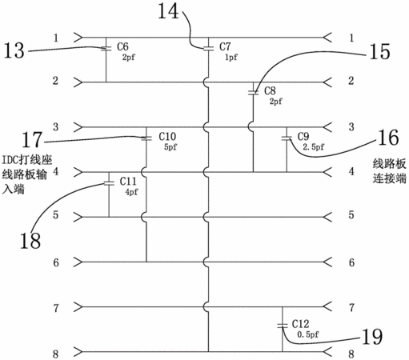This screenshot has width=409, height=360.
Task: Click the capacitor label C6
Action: coord(122,46)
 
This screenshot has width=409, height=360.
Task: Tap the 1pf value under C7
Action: coord(231,57)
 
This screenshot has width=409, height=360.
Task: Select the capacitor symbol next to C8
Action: coord(253,93)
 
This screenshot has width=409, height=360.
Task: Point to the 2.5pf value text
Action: coord(314,146)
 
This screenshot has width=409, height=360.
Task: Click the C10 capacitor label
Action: coord(167,137)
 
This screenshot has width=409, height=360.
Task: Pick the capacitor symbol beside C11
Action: coord(109,183)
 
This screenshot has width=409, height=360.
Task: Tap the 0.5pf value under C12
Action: coord(308,334)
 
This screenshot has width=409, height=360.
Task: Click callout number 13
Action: coord(14,50)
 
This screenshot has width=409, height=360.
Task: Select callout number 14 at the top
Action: coord(168,11)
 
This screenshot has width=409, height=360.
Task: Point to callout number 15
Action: coord(379,51)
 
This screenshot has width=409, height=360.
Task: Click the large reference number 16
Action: coord(388,138)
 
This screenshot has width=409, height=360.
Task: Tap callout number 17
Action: coord(32,139)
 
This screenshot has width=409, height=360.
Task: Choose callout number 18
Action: coord(30,241)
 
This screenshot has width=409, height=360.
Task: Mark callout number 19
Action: coord(372,337)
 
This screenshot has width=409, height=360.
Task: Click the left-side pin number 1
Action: coord(56,38)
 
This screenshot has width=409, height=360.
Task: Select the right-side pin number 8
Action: coord(351,354)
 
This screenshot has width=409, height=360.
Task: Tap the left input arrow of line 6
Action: coord(78,262)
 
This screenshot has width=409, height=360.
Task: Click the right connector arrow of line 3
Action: coord(327,127)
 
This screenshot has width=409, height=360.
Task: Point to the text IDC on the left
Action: coord(10,160)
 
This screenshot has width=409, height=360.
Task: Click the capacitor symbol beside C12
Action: coord(283,326)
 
